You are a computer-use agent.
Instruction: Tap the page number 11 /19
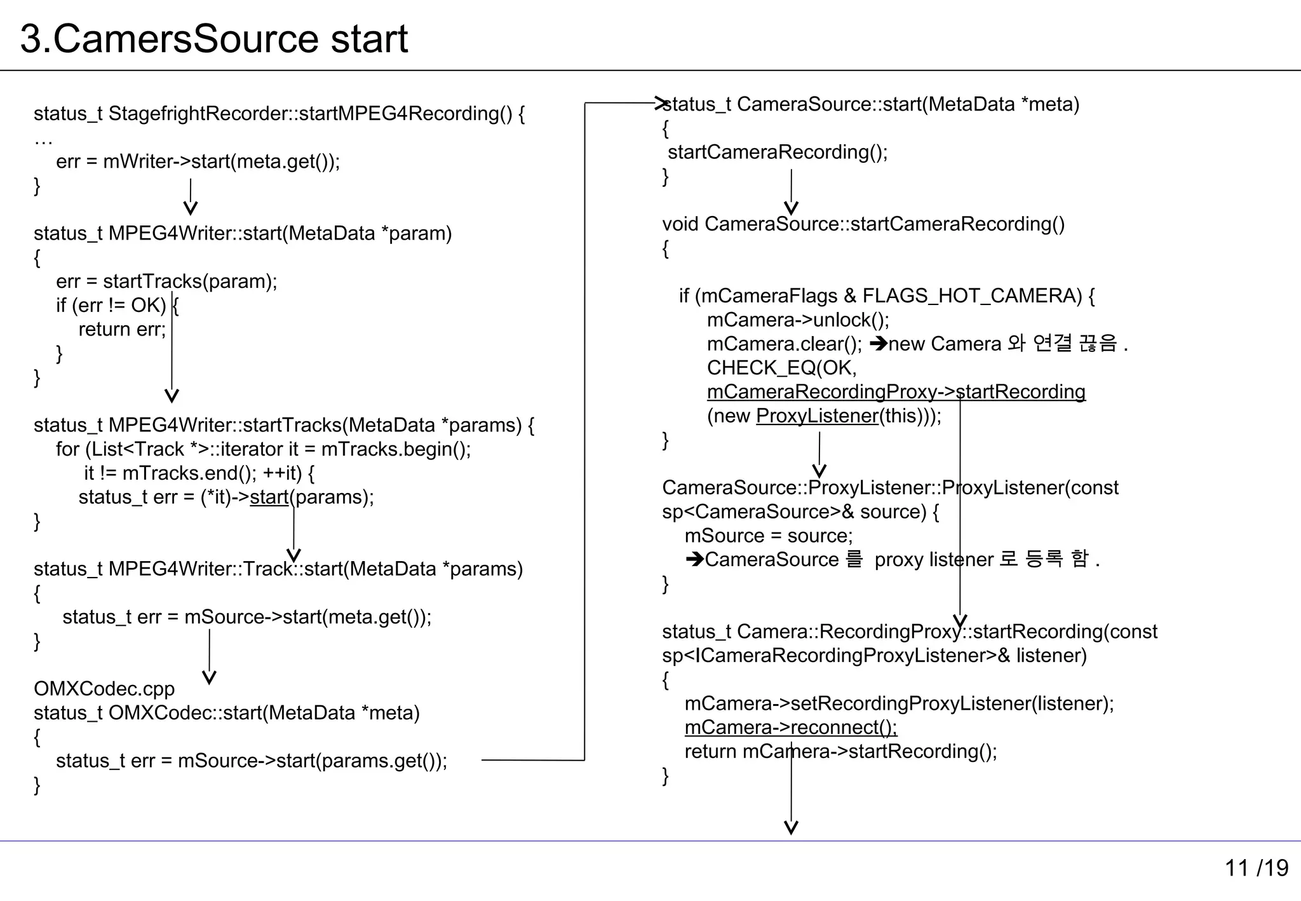pos(1256,867)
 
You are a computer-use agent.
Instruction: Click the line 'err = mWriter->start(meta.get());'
pos(198,161)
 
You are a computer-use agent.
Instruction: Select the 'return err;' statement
pos(122,329)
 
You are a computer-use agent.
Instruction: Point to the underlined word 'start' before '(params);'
pos(269,497)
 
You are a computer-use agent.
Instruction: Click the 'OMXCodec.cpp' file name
pos(104,689)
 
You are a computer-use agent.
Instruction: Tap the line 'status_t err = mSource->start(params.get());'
pos(252,761)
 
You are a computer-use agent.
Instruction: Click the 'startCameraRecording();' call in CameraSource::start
pos(778,152)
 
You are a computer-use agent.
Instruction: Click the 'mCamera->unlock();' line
pos(798,320)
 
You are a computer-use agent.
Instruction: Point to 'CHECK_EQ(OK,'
pos(782,367)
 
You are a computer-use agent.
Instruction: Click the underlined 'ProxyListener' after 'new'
pos(817,416)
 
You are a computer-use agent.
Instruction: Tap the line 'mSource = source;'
pos(769,536)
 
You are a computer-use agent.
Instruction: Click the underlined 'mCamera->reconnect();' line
pos(791,727)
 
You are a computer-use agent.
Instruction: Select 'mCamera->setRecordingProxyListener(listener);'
pos(899,703)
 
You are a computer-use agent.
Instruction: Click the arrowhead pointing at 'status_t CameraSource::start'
pos(661,103)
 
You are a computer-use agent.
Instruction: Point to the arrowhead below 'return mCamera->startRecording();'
pos(791,827)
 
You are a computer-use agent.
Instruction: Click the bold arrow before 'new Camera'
pos(878,344)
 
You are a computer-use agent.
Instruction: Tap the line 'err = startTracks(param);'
pos(166,281)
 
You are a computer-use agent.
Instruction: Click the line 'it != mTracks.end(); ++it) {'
pos(199,473)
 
